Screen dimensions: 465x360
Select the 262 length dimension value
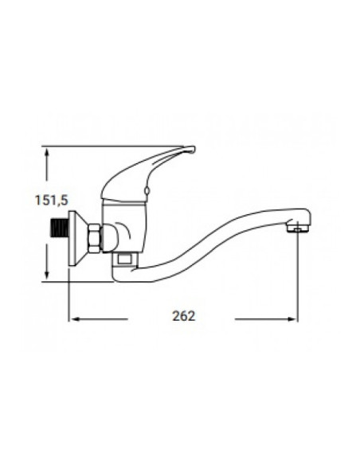[183, 315]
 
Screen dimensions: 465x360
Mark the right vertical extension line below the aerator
[298, 279]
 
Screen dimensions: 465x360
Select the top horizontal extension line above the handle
[96, 146]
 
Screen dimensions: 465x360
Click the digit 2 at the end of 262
[192, 315]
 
